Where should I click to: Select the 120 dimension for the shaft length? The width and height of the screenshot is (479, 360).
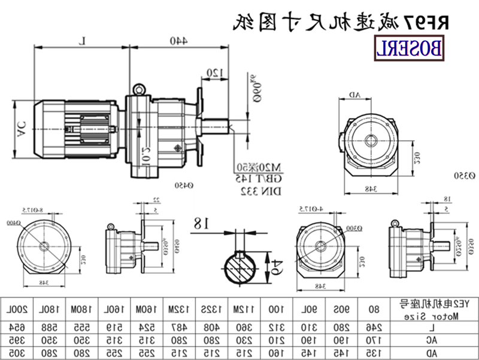[214, 73]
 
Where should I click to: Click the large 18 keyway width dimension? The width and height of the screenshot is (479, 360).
[201, 223]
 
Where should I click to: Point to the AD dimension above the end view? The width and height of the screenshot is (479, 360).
[354, 95]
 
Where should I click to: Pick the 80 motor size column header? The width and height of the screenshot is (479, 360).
[374, 309]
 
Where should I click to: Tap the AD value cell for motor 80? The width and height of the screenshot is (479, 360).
[374, 353]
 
